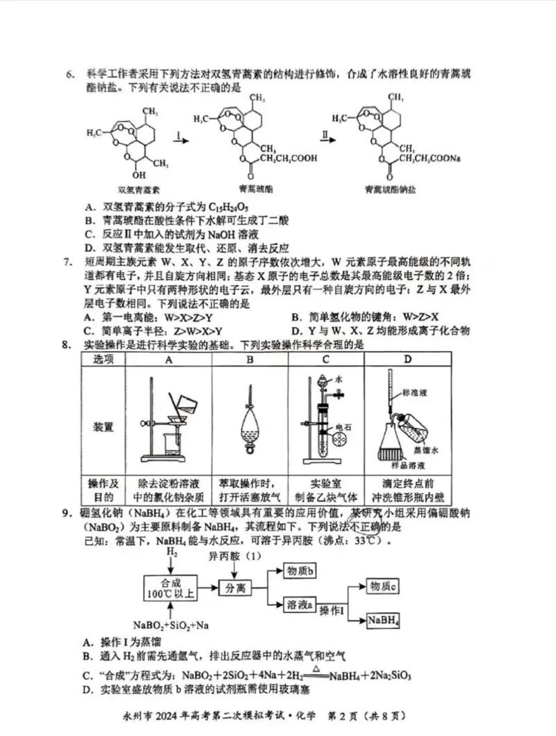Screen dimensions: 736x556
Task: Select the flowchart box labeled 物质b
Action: pos(301,571)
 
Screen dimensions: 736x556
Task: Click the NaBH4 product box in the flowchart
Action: pos(384,620)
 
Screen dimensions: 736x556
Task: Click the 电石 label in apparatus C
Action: pos(343,427)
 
